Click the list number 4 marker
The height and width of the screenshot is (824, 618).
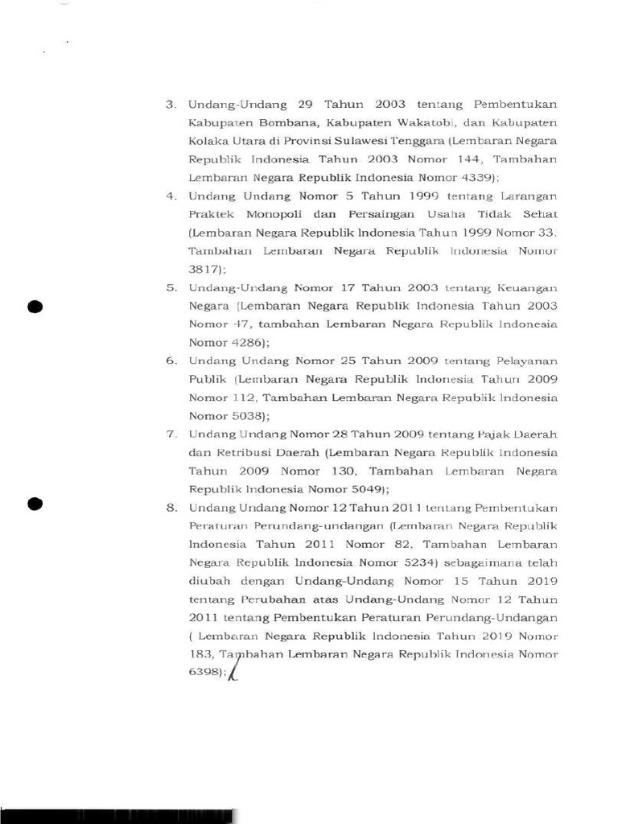171,196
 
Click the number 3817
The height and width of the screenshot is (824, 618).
205,270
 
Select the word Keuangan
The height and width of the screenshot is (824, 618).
527,288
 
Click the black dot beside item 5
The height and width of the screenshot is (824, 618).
34,307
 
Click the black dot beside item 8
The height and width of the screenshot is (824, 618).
34,504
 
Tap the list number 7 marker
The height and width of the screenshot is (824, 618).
171,435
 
